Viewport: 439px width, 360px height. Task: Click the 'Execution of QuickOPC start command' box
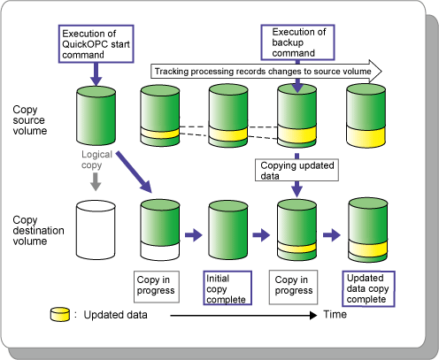pyautogui.click(x=96, y=44)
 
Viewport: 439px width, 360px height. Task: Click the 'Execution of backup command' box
pyautogui.click(x=297, y=42)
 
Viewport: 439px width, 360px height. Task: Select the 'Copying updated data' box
pyautogui.click(x=297, y=170)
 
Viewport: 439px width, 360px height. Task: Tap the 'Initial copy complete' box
pyautogui.click(x=227, y=287)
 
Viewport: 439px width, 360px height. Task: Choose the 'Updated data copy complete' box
pyautogui.click(x=368, y=289)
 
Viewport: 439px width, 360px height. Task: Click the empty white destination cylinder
pyautogui.click(x=96, y=230)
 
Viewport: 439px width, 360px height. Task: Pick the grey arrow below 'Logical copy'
pyautogui.click(x=96, y=181)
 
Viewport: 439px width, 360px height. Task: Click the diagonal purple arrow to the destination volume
pyautogui.click(x=134, y=172)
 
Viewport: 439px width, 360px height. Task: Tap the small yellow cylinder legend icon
pyautogui.click(x=60, y=314)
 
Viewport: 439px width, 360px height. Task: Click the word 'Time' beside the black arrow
pyautogui.click(x=335, y=314)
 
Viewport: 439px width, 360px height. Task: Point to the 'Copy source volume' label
pyautogui.click(x=30, y=120)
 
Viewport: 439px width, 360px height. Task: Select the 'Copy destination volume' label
pyautogui.click(x=38, y=230)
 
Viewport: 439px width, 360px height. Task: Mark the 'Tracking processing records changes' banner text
pyautogui.click(x=263, y=72)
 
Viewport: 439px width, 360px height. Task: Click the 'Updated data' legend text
pyautogui.click(x=115, y=315)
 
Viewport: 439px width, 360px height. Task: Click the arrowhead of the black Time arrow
pyautogui.click(x=313, y=316)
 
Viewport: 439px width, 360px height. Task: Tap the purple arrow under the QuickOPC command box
pyautogui.click(x=96, y=74)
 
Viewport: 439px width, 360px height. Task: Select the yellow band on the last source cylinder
pyautogui.click(x=366, y=136)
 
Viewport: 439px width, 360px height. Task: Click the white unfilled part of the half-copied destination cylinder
pyautogui.click(x=160, y=250)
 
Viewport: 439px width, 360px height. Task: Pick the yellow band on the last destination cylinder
pyautogui.click(x=368, y=249)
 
